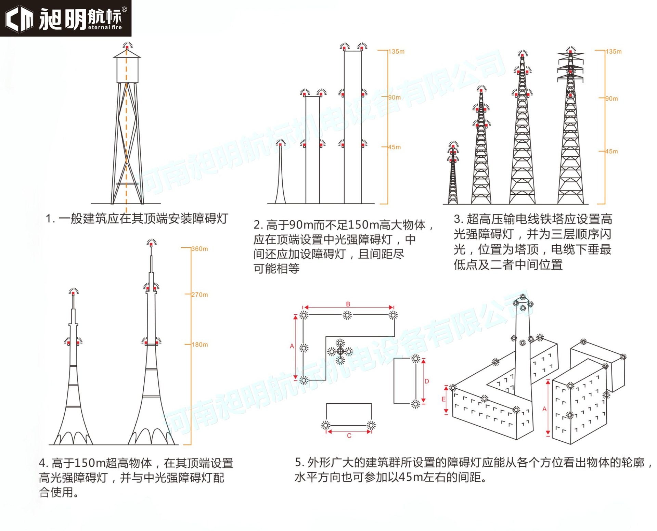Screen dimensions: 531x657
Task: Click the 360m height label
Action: [x=199, y=249]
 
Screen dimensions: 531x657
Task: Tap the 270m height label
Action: [x=199, y=295]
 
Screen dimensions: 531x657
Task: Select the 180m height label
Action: [x=199, y=345]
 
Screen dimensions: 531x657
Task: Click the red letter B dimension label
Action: [x=348, y=304]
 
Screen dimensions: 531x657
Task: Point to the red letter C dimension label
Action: [x=349, y=436]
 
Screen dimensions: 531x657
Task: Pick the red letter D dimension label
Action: [x=427, y=381]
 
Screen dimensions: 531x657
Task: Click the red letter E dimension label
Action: [x=443, y=399]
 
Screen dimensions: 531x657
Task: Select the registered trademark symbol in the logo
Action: [x=124, y=10]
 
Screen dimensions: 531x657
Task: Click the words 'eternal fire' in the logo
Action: [x=105, y=27]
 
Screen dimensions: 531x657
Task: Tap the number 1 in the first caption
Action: [x=49, y=219]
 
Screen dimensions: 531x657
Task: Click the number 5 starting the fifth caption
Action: [x=298, y=463]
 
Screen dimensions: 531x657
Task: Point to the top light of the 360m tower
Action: [x=152, y=243]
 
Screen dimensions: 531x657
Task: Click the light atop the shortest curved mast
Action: [x=281, y=144]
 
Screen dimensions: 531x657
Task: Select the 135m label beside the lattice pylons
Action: [x=614, y=52]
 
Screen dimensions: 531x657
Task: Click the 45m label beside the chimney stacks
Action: [x=394, y=147]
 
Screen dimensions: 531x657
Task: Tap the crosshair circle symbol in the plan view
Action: [x=340, y=351]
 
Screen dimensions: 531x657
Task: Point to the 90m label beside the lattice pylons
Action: [x=611, y=99]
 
